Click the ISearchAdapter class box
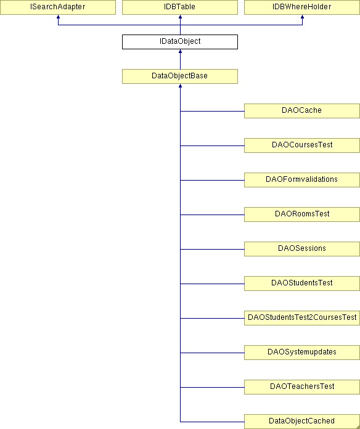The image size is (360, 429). tap(58, 7)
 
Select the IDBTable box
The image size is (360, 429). tap(180, 7)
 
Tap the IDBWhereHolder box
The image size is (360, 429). tap(302, 7)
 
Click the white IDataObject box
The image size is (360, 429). tap(180, 42)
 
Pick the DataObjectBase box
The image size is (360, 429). tap(180, 76)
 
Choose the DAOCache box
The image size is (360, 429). tap(302, 111)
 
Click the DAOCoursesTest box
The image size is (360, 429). tap(302, 145)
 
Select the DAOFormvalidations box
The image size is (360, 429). tap(302, 180)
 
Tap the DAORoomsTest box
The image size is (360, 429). tap(302, 214)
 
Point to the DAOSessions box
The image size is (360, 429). tap(302, 248)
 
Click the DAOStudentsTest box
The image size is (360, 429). tap(302, 283)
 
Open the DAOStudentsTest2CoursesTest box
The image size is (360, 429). tap(302, 317)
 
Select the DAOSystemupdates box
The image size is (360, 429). tap(302, 352)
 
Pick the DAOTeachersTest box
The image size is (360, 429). tap(302, 386)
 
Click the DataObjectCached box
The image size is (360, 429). tap(302, 422)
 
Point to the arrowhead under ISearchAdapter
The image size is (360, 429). tap(58, 17)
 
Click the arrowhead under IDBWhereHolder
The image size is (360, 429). tap(302, 17)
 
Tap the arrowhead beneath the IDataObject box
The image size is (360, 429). tap(180, 51)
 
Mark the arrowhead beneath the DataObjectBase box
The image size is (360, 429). tap(180, 86)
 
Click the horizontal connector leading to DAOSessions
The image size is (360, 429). tap(212, 249)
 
